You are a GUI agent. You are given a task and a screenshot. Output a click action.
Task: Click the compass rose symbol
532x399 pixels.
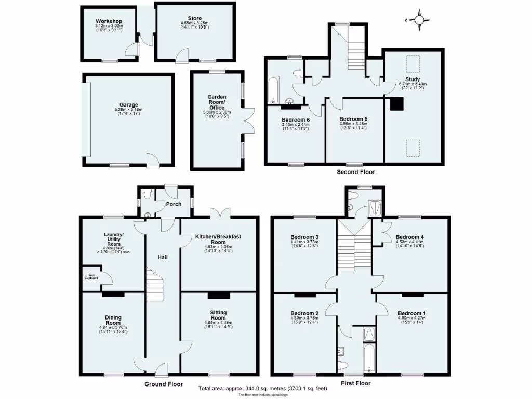click(419, 20)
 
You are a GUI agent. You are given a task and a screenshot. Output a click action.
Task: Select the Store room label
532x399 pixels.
click(195, 19)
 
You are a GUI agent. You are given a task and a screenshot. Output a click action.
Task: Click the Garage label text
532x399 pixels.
click(128, 105)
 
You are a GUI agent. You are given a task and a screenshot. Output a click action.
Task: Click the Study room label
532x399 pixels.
click(413, 79)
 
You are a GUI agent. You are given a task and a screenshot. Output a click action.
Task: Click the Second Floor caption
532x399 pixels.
click(356, 172)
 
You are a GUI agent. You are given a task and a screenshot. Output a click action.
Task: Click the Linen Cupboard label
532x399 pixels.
click(91, 277)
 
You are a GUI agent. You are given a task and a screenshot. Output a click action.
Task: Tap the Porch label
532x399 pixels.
click(174, 204)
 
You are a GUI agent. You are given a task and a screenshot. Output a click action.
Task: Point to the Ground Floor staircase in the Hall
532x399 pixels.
click(155, 286)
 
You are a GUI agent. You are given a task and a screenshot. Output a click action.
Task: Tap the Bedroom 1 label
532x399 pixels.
click(412, 313)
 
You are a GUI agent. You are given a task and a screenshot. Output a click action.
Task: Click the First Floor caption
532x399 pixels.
click(356, 383)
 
